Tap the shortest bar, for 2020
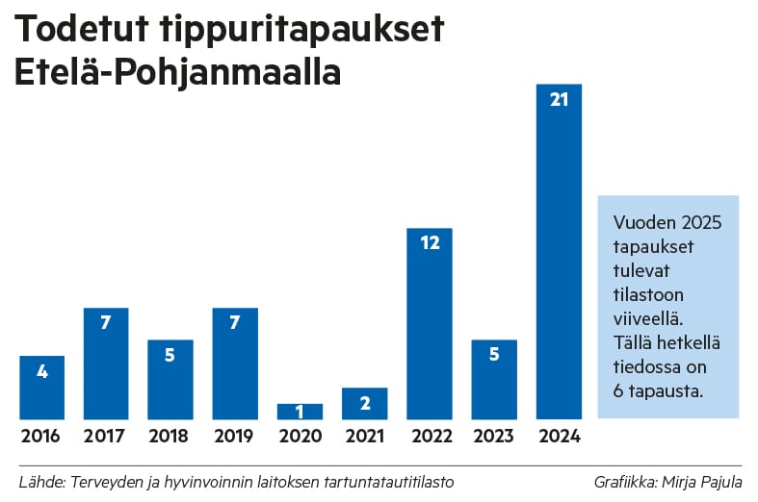(x=300, y=412)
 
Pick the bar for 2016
(x=42, y=388)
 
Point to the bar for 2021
(x=364, y=404)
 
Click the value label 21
(x=559, y=99)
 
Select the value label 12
(x=430, y=243)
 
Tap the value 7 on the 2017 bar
(x=107, y=323)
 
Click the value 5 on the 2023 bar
(x=494, y=355)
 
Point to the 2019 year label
(x=235, y=437)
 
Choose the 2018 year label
(x=170, y=437)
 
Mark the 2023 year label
(x=494, y=437)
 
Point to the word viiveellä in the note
(x=648, y=317)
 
